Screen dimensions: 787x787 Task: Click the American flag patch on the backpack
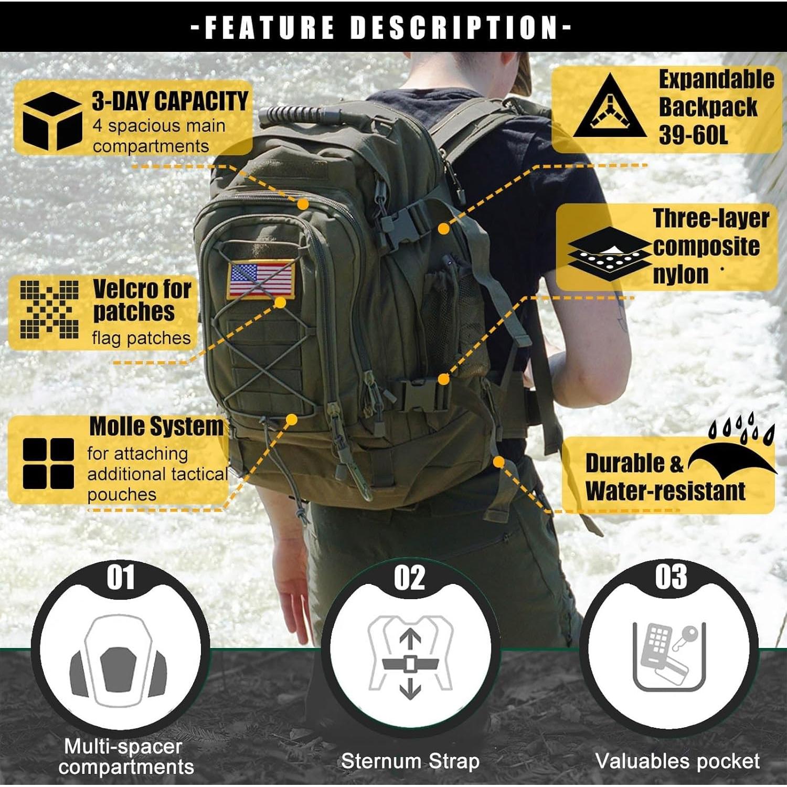coord(261,280)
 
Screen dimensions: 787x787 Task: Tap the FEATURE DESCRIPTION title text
coord(381,27)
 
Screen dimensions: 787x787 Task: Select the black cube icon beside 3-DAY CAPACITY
coord(51,121)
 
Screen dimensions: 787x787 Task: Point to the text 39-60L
coord(693,135)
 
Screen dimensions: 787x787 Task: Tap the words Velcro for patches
coord(141,300)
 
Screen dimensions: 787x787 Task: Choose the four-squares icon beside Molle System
coord(48,463)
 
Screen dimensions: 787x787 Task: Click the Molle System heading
coord(156,426)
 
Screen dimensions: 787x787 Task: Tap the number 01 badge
coord(121,578)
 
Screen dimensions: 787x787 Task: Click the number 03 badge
coord(671,577)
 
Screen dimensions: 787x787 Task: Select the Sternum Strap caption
coord(410,761)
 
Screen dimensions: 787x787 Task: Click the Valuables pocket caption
coord(677,761)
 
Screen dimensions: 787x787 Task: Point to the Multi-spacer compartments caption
coord(125,757)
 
